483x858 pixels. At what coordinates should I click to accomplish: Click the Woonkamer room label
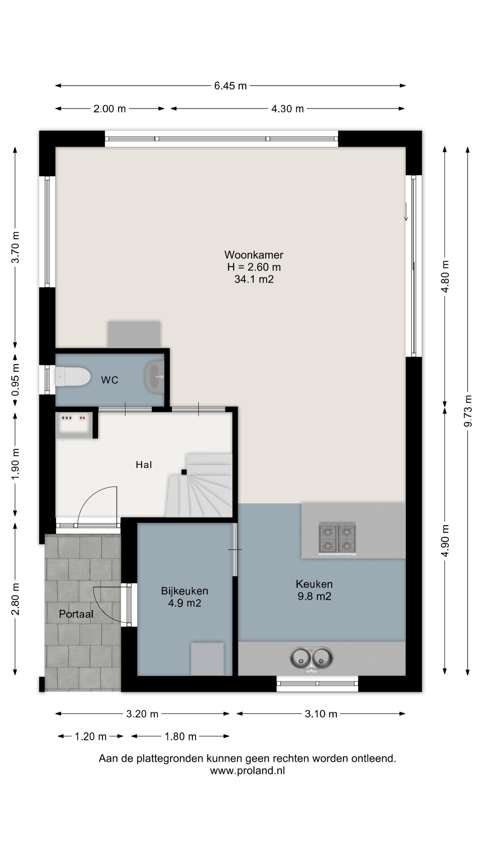coord(254,255)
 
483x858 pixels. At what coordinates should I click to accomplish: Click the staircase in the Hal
coord(199,485)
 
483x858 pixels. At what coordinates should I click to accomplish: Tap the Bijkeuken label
coord(184,591)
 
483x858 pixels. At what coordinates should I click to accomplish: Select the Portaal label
coord(76,614)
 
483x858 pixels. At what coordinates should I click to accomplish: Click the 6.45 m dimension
coord(230,86)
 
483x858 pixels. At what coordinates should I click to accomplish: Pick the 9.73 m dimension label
coord(468,411)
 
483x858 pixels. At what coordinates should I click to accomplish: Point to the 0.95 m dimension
coord(15,379)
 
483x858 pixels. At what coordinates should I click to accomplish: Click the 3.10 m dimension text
coord(321,714)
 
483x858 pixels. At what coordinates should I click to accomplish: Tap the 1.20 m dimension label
coord(91,737)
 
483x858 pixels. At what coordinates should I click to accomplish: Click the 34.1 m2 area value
coord(254,279)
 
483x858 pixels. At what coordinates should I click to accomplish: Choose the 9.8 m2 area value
coord(314,596)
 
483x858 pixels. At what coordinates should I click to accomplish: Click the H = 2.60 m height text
coord(254,267)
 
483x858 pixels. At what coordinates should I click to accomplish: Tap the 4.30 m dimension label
coord(287,109)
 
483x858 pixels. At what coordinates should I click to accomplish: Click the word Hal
coord(144,465)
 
